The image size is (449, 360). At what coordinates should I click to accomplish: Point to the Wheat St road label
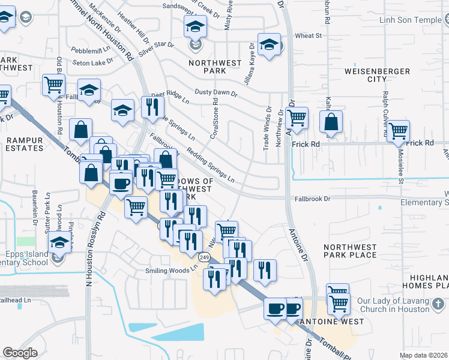[309, 36]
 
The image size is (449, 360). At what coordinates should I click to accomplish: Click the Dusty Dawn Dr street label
[216, 94]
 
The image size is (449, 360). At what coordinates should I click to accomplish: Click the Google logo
[20, 353]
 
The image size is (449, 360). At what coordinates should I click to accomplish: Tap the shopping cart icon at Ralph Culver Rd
[399, 131]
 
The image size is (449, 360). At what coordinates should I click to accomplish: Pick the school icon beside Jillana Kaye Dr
[270, 44]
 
